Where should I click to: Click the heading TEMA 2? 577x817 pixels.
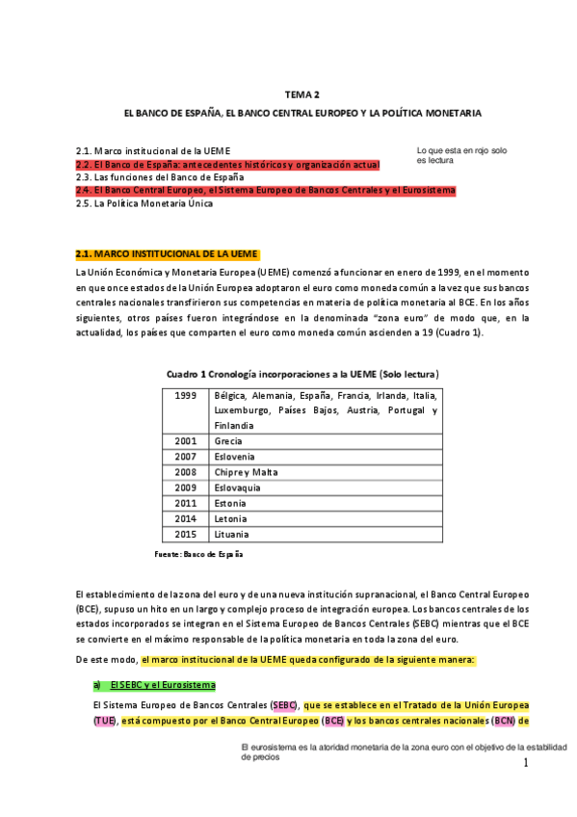[x=302, y=94]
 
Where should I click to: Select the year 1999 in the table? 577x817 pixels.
[x=187, y=395]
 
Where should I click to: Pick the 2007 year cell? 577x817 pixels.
[x=187, y=457]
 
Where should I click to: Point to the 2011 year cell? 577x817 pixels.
[x=187, y=503]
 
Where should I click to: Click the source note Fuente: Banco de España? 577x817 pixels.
[x=198, y=555]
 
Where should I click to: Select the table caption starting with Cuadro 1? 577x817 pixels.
[x=302, y=373]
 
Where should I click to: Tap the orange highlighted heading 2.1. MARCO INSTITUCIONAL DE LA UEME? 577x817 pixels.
[x=167, y=254]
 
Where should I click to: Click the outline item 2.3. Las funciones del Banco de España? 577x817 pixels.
[x=160, y=177]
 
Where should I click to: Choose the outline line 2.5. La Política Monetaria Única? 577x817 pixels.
[x=144, y=204]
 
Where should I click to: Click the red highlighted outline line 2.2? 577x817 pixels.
[x=227, y=165]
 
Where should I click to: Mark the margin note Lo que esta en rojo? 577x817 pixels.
[x=461, y=156]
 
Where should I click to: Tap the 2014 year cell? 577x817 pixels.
[x=187, y=518]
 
